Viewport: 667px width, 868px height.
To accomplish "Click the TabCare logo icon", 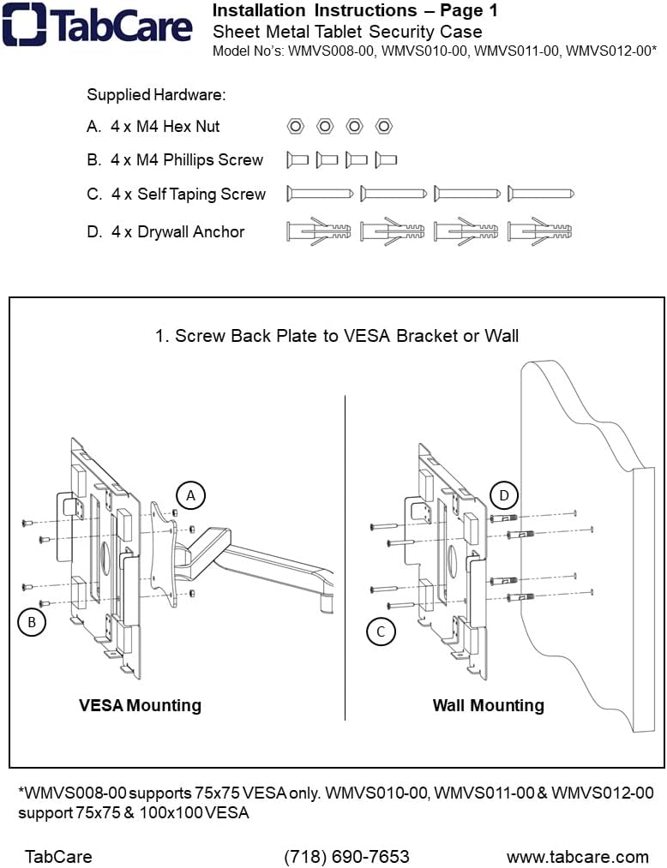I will click(x=23, y=25).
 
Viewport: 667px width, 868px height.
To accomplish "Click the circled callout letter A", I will click(x=191, y=494).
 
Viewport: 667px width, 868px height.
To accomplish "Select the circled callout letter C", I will click(x=381, y=632).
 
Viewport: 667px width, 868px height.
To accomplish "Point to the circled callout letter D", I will click(x=504, y=495).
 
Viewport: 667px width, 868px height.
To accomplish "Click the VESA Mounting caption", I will click(x=140, y=705).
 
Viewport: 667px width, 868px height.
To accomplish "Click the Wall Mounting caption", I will click(x=488, y=705).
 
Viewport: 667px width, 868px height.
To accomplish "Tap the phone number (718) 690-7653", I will click(x=346, y=856).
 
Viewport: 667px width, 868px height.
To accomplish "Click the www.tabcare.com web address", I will click(x=577, y=856).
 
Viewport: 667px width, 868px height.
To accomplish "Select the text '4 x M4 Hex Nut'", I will click(x=165, y=127).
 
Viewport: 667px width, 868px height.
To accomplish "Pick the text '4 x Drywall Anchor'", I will click(x=177, y=232).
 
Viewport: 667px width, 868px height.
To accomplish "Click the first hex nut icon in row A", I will click(x=295, y=127).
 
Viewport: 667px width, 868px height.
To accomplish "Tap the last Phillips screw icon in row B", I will click(x=386, y=159).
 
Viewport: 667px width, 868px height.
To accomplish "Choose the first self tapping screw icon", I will click(x=320, y=194).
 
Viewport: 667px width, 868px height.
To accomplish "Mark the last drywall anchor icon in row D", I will click(x=540, y=231).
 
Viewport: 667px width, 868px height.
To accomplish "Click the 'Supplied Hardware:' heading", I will click(x=156, y=95).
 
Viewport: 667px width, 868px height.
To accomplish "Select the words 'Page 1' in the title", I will click(x=468, y=11).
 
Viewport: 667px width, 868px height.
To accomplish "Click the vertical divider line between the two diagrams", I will click(x=345, y=557).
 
